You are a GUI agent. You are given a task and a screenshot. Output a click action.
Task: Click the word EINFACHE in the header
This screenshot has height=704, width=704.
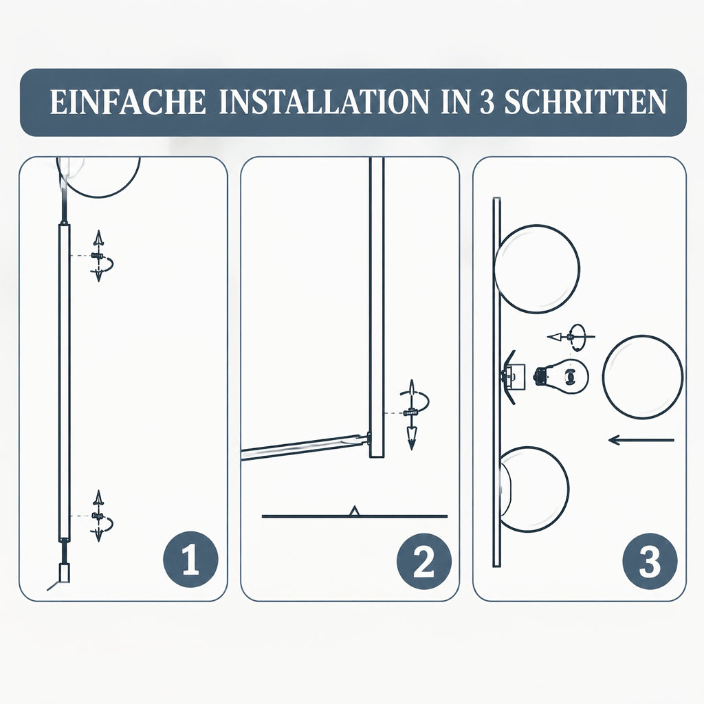click(x=128, y=102)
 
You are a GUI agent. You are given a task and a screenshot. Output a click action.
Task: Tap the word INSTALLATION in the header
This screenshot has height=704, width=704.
click(x=324, y=102)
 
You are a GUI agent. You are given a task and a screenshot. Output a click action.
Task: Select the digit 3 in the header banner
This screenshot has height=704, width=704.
click(x=487, y=102)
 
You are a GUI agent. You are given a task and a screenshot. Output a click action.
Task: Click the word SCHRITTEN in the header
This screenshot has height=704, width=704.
click(x=586, y=102)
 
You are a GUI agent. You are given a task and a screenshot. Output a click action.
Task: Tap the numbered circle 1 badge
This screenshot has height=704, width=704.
click(x=190, y=560)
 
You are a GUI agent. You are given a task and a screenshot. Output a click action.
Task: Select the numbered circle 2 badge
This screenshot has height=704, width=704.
click(x=423, y=561)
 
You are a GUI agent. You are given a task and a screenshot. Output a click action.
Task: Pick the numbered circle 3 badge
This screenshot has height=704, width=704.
click(x=650, y=561)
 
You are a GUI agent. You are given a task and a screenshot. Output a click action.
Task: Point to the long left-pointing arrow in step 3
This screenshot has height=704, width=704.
click(x=641, y=440)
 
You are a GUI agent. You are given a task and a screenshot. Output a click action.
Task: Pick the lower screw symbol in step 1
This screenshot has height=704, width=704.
click(x=98, y=516)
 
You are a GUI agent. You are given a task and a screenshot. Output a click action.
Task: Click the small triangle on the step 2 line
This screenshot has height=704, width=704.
click(x=355, y=511)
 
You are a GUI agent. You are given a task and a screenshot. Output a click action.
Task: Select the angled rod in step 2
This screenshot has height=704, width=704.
click(x=305, y=447)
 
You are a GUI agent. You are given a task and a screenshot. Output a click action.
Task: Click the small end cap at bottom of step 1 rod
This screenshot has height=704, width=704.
click(x=64, y=573)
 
